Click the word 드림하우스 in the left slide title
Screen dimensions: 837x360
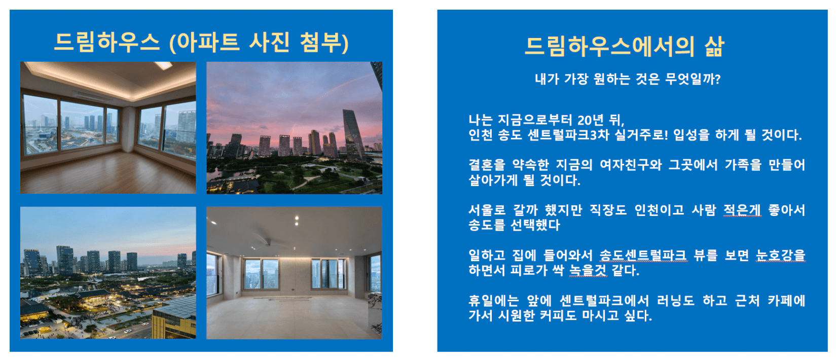(107, 42)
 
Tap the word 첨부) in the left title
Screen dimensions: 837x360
(324, 42)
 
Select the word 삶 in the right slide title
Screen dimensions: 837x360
(714, 47)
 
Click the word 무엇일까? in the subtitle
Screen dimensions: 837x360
(693, 79)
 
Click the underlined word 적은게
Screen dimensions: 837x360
(742, 210)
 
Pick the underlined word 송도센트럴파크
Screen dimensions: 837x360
(643, 255)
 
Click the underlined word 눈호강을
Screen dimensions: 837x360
(780, 255)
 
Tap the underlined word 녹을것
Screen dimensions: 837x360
(588, 270)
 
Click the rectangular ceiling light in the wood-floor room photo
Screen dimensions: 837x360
(163, 65)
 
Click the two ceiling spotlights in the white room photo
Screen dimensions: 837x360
(297, 221)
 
